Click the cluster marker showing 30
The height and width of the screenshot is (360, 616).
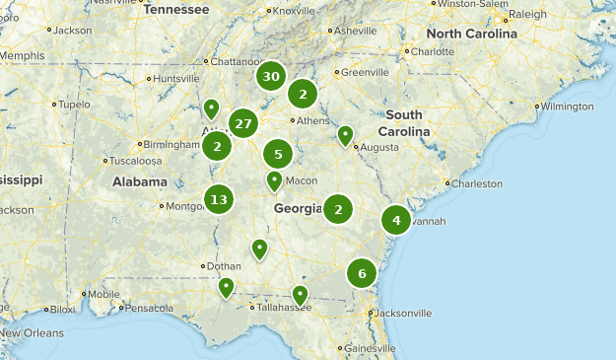pos(271,77)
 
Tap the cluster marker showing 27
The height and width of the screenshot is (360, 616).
pos(243,124)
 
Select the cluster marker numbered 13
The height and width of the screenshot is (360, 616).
pos(219,200)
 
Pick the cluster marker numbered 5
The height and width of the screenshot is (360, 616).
pos(278,154)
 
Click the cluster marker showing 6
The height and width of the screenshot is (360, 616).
pos(363,273)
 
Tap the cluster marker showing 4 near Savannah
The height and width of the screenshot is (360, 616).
pos(396,221)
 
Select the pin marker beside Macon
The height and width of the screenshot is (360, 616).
pos(275,180)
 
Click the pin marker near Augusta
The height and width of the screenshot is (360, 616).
pos(345,135)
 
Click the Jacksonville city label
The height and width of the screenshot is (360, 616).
pos(402,313)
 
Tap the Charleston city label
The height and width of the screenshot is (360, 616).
pos(480,182)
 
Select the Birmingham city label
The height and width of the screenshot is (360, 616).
pos(171,144)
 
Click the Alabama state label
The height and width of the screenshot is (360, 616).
pos(139,181)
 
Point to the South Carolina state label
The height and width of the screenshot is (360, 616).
pos(404,123)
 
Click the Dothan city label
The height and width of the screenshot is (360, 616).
pos(224,265)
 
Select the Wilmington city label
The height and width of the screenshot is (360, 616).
pos(567,106)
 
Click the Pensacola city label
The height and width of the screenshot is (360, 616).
pos(150,308)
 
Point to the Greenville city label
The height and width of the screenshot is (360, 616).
pos(366,72)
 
